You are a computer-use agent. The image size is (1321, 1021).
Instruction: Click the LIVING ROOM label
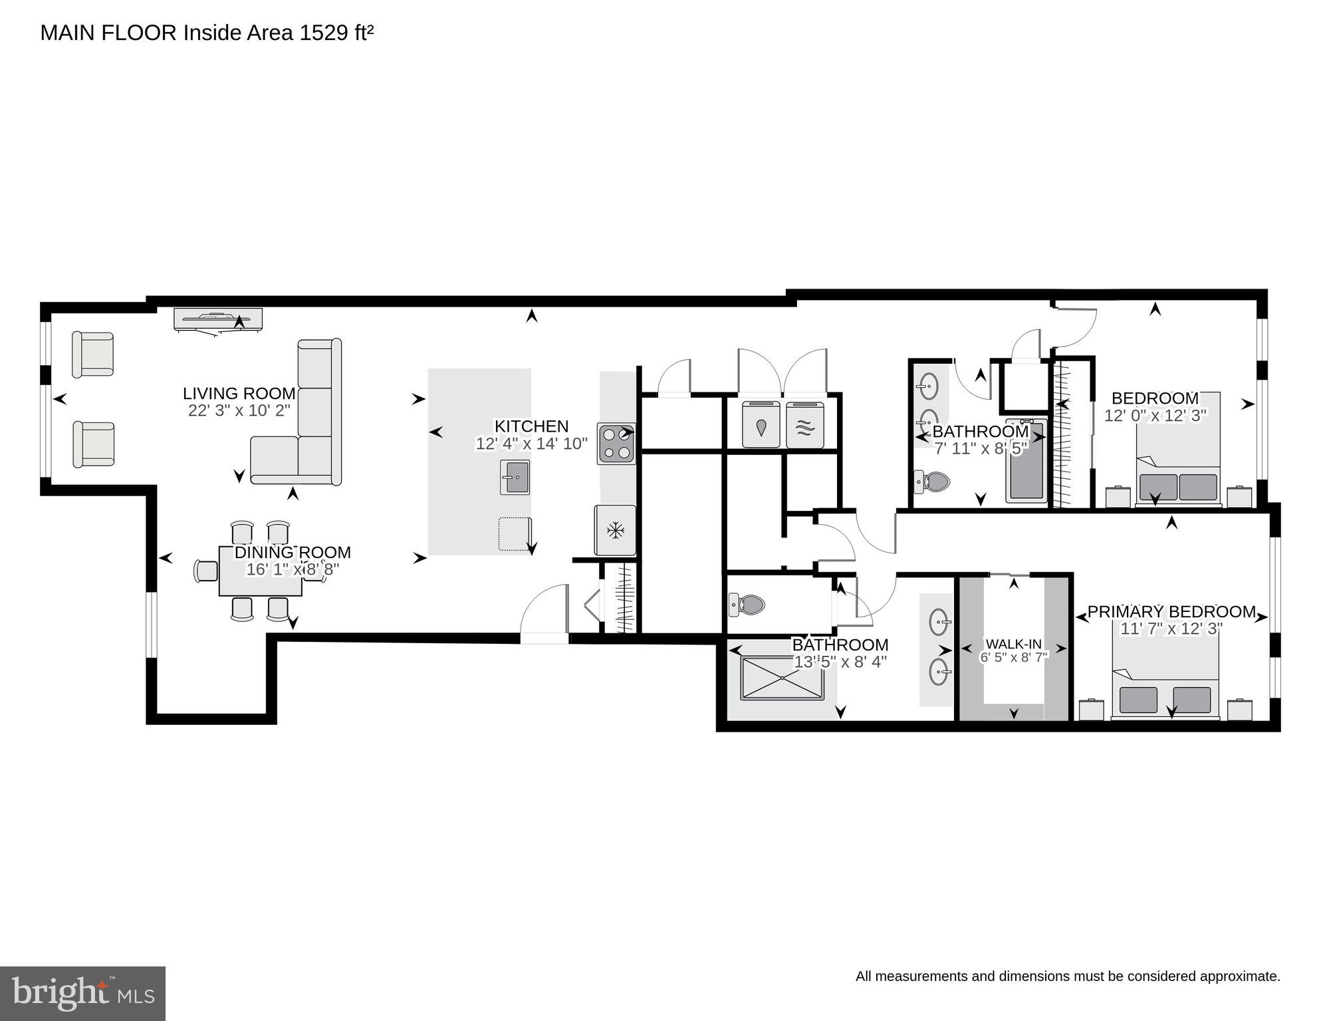(239, 394)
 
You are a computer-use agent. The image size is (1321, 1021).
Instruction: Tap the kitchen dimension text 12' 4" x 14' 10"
(531, 444)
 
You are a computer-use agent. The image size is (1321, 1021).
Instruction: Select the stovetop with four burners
(616, 444)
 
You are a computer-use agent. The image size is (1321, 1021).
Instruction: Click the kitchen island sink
(515, 477)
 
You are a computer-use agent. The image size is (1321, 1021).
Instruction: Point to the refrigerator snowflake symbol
(616, 530)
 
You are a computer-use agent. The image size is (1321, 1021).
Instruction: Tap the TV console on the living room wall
(218, 319)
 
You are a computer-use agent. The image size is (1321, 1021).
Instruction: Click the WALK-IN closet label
(1013, 644)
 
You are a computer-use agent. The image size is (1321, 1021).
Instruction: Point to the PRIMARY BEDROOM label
(1171, 611)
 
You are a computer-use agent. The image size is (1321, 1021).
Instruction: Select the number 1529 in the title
(324, 33)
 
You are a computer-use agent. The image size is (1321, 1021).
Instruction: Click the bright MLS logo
(82, 993)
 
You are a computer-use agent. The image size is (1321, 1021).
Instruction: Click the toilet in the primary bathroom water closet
(747, 605)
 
